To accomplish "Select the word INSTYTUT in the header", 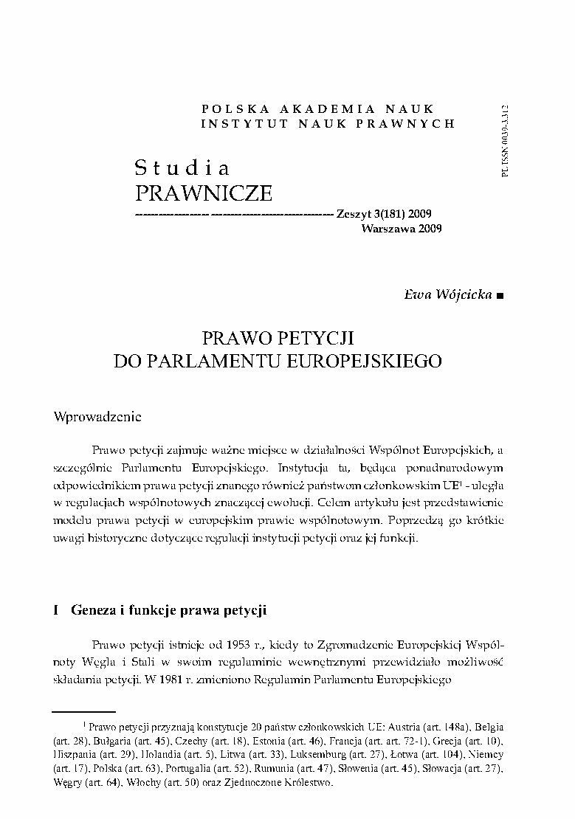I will click(236, 123).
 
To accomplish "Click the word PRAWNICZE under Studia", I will click(204, 193).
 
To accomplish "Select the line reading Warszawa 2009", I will click(402, 229).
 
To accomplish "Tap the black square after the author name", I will click(501, 296).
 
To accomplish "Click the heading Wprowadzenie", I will click(98, 416).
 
